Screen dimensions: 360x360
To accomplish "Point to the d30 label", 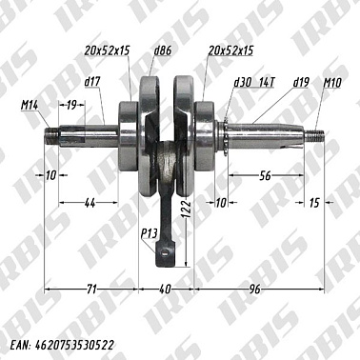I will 241,83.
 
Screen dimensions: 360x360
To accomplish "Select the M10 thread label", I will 331,83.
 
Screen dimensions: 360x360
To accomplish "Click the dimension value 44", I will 89,204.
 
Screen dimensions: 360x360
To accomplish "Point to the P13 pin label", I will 149,233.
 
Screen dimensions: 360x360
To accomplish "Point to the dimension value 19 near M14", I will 72,107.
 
